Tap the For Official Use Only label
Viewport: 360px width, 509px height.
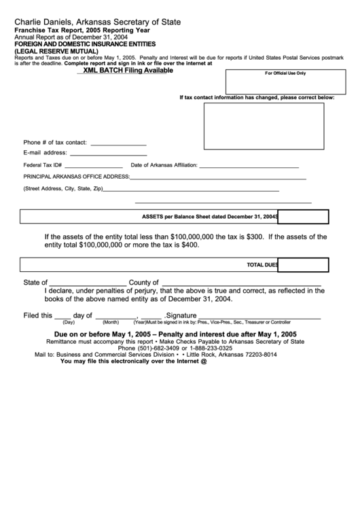[285, 73]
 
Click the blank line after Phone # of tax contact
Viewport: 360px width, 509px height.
[118, 144]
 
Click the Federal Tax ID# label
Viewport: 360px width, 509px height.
[43, 165]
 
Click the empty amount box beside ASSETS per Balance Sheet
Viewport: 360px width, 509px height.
[304, 217]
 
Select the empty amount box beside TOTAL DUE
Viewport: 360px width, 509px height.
[304, 265]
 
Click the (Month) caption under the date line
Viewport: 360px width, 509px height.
[111, 322]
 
